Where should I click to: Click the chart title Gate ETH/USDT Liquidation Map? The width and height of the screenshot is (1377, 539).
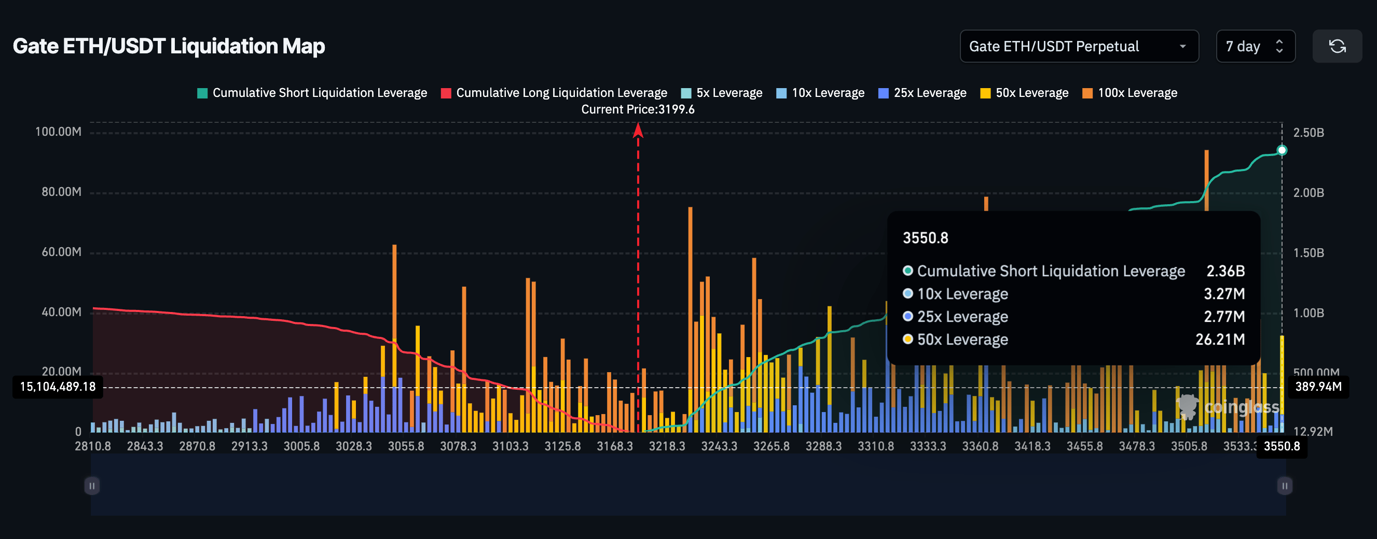(x=169, y=47)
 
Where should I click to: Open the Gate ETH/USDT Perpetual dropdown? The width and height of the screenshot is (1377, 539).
(x=1078, y=47)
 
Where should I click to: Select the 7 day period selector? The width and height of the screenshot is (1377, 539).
(x=1255, y=47)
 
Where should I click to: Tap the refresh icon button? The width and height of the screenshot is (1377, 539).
(x=1337, y=47)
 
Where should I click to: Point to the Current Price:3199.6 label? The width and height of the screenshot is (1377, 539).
(x=637, y=109)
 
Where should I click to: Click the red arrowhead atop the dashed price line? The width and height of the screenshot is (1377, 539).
(x=638, y=130)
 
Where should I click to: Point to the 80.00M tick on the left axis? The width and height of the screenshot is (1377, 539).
(x=61, y=192)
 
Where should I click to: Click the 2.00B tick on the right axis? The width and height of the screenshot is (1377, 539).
(x=1308, y=193)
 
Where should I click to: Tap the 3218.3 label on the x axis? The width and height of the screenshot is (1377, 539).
(x=667, y=446)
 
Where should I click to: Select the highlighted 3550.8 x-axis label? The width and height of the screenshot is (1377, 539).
(x=1282, y=446)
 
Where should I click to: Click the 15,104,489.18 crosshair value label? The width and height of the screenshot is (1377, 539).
(x=58, y=387)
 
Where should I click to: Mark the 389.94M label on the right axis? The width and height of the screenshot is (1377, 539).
(x=1318, y=387)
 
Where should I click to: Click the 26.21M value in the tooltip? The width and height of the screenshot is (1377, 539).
(x=1220, y=340)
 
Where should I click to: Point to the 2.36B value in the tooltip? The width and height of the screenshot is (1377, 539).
(x=1225, y=272)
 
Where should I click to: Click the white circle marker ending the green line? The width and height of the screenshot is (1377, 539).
(x=1282, y=150)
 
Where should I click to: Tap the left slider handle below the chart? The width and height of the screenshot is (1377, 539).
(x=92, y=486)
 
